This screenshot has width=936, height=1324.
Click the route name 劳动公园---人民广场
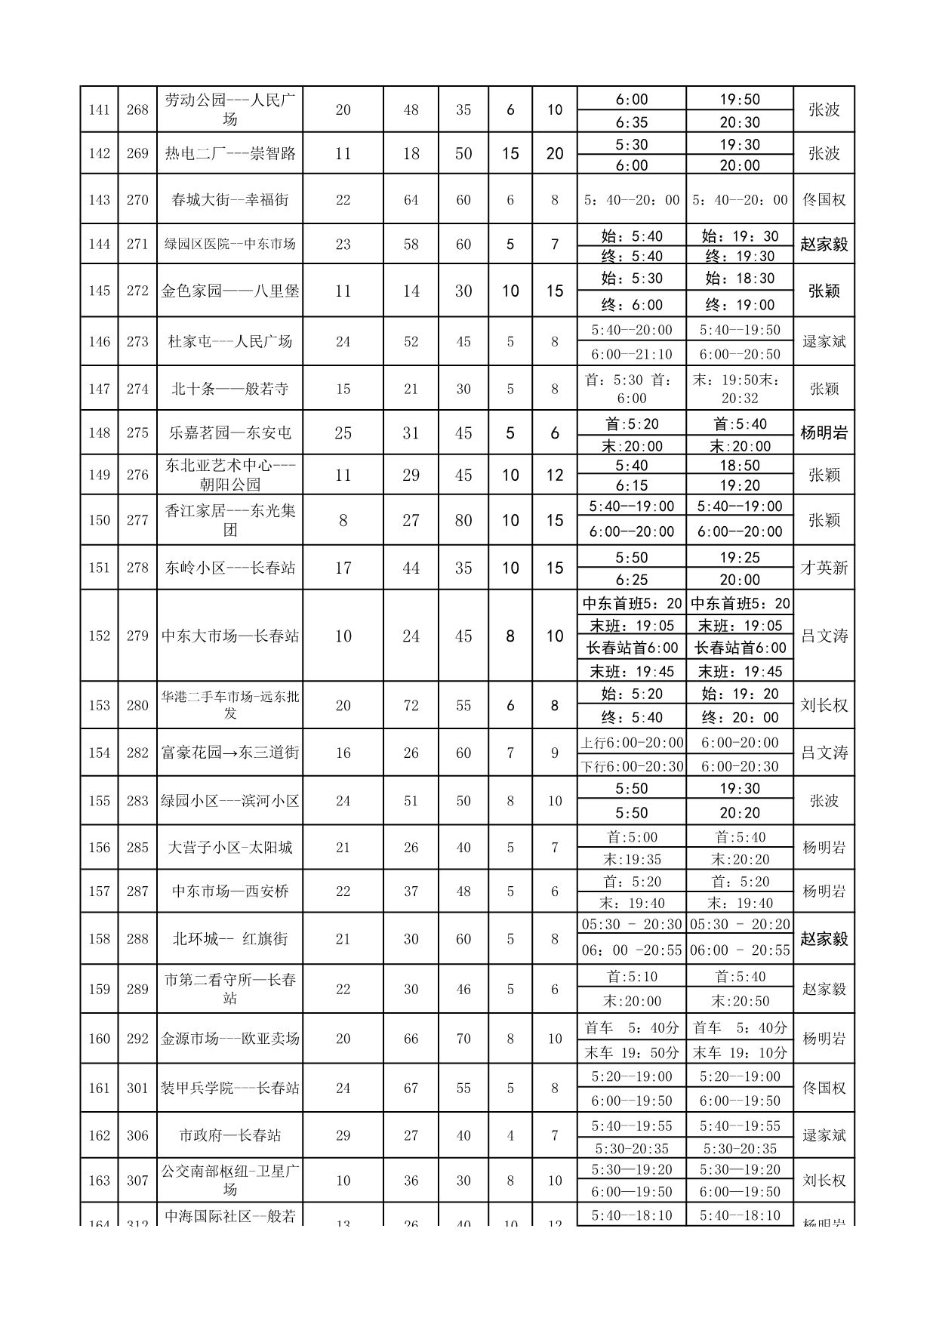coord(229,109)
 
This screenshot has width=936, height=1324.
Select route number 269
coord(137,153)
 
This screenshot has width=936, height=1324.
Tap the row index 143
coord(99,200)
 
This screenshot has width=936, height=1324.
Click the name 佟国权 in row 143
coord(824,200)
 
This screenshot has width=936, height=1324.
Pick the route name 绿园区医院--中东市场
coord(229,244)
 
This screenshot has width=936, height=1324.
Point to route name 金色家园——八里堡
coord(229,291)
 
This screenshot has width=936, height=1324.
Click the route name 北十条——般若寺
coord(229,389)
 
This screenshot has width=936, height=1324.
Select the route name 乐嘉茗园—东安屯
coord(229,433)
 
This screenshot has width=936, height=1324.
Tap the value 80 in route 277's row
coord(463,520)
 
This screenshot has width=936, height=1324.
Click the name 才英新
coord(824,568)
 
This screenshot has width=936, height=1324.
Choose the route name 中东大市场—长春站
coord(229,636)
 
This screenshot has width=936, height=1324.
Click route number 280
coord(137,705)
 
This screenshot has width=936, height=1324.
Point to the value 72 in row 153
coord(411,705)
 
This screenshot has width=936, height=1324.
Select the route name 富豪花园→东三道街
coord(229,753)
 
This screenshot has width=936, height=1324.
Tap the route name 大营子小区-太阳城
coord(229,847)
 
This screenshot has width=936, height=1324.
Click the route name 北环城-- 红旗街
coord(229,939)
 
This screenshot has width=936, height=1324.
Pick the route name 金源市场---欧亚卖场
coord(229,1039)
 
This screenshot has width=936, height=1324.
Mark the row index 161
coord(99,1088)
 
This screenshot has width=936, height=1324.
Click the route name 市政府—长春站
coord(229,1135)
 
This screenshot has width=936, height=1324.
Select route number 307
coord(137,1181)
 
